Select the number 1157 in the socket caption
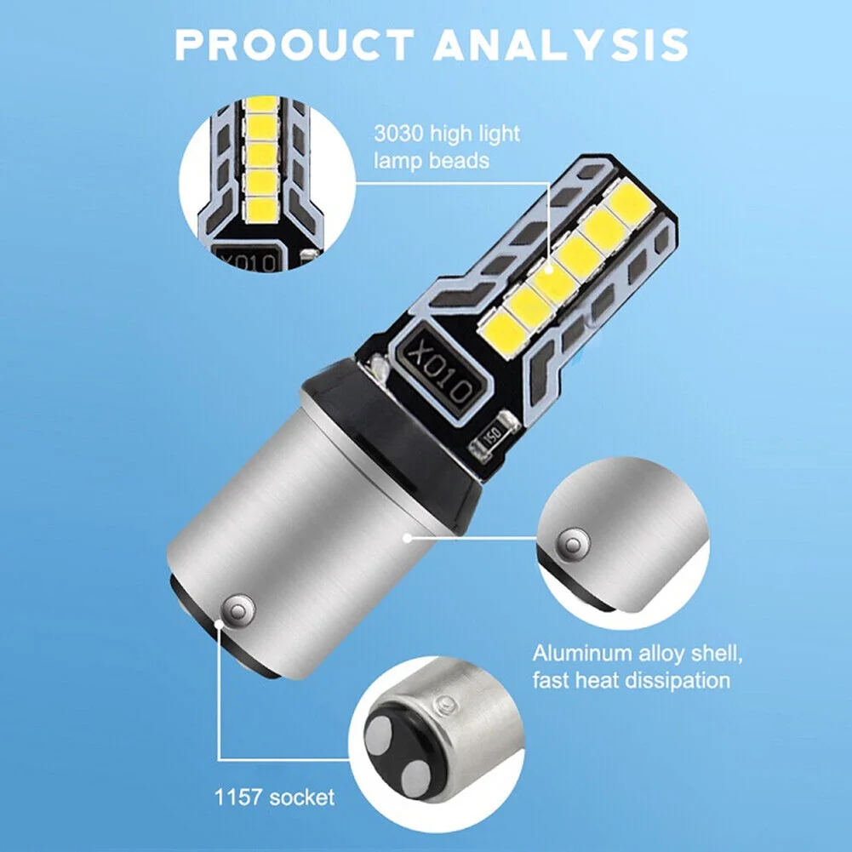click(x=238, y=798)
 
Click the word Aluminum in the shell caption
click(x=582, y=653)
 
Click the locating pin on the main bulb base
click(x=238, y=611)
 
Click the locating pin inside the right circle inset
click(x=574, y=544)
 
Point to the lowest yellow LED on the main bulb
click(x=504, y=330)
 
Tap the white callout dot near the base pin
click(x=219, y=625)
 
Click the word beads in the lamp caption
click(x=461, y=162)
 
